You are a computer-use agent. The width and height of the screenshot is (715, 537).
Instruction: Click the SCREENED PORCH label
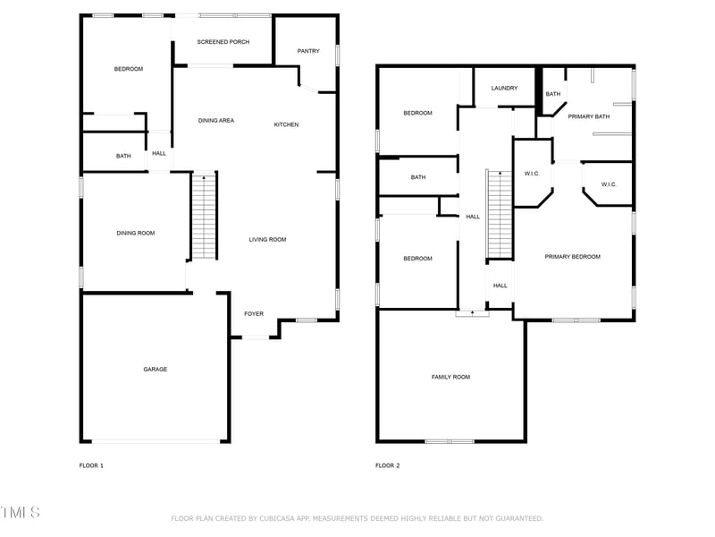click(x=223, y=42)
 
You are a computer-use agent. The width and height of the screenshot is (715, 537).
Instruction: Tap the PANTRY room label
click(x=308, y=51)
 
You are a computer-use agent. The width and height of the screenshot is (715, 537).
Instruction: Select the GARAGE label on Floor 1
click(x=156, y=369)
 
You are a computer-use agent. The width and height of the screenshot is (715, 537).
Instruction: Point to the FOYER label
click(x=254, y=313)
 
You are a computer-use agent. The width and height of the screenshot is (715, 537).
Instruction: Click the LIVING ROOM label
click(x=267, y=239)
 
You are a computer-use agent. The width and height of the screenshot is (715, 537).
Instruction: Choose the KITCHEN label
click(x=286, y=124)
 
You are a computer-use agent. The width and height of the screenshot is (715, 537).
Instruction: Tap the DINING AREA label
click(x=215, y=120)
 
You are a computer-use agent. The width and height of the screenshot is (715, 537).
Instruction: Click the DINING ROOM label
click(x=136, y=233)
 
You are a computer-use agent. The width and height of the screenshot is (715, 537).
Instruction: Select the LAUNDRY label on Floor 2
click(x=505, y=88)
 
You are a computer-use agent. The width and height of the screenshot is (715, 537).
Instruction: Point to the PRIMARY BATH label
click(x=589, y=116)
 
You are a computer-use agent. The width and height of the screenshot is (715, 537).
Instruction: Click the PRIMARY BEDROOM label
click(x=573, y=257)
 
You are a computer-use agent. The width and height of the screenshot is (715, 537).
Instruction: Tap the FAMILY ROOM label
click(x=450, y=377)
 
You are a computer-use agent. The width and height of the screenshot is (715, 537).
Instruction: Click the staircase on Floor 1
click(x=205, y=216)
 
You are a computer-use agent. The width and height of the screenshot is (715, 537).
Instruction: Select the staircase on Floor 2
click(x=499, y=214)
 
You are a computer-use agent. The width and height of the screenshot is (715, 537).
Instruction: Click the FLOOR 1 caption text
click(x=92, y=465)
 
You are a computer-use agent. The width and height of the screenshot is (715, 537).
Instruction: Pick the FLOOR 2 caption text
click(x=387, y=465)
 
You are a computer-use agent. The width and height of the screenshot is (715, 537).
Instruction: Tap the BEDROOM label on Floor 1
click(x=128, y=69)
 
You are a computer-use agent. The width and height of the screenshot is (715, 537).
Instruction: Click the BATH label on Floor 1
click(x=123, y=156)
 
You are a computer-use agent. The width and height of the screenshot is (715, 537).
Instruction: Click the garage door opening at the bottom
click(x=156, y=440)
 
